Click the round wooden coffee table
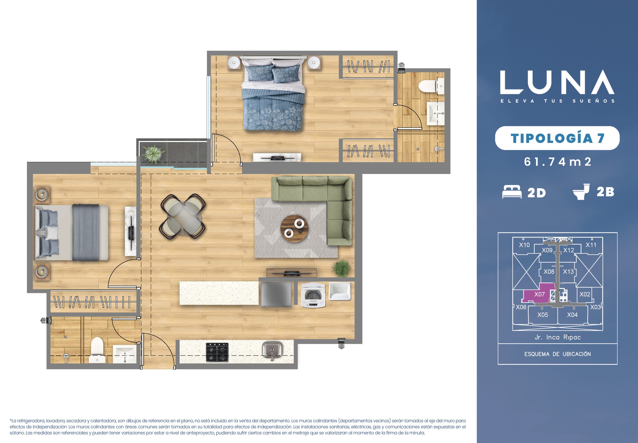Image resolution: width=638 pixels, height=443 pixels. pyautogui.click(x=294, y=228)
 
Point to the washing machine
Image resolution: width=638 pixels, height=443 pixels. pyautogui.click(x=313, y=295)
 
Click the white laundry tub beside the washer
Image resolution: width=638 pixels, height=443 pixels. pyautogui.click(x=340, y=291)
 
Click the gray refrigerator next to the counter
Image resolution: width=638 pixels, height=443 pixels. pyautogui.click(x=276, y=295)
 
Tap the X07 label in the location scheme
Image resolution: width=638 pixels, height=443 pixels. pyautogui.click(x=539, y=294)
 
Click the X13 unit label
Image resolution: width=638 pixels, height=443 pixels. pyautogui.click(x=568, y=272)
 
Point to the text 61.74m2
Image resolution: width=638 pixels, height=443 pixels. pyautogui.click(x=558, y=162)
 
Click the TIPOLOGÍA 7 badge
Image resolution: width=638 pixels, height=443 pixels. pyautogui.click(x=558, y=138)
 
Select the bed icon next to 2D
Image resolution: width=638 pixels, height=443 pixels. pyautogui.click(x=512, y=191)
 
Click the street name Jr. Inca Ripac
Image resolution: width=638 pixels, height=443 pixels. pyautogui.click(x=558, y=337)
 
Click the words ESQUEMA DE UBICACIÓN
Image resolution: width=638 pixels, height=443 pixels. pyautogui.click(x=558, y=354)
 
